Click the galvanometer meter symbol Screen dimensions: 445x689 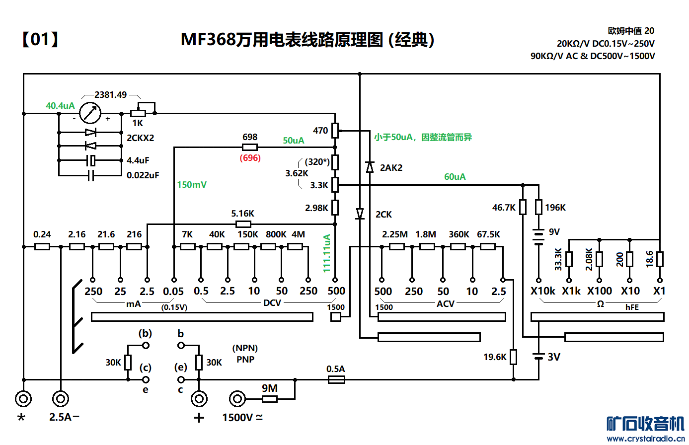click(x=90, y=113)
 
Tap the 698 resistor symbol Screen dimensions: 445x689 click(x=249, y=147)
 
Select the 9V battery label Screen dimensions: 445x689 click(x=554, y=231)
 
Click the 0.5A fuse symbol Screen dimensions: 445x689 click(x=336, y=379)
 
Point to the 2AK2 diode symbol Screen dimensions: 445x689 click(x=370, y=167)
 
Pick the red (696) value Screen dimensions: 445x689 click(x=250, y=158)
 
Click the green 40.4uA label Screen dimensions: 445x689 click(x=60, y=105)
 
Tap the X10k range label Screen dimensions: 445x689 click(x=542, y=291)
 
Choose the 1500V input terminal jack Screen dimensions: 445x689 click(x=237, y=399)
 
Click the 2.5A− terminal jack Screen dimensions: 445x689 click(x=61, y=399)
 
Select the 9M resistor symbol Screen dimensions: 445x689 click(x=270, y=399)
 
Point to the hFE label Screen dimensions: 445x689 click(x=632, y=307)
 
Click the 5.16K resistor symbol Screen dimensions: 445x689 click(x=243, y=224)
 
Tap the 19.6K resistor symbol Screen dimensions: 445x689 click(x=513, y=357)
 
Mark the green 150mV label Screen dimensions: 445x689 click(x=192, y=185)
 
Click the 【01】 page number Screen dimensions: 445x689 click(x=40, y=39)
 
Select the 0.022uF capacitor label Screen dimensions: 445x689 click(x=143, y=175)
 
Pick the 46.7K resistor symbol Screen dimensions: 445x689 click(x=523, y=207)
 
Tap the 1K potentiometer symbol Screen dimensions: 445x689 click(x=138, y=113)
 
